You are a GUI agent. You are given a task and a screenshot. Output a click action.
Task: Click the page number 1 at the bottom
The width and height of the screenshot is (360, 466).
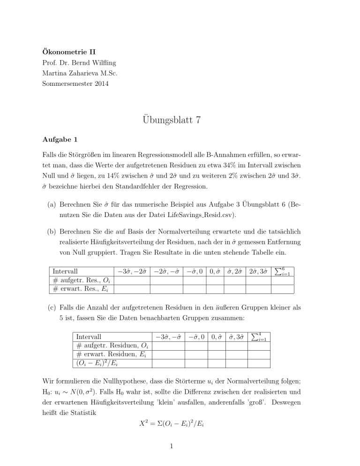[180, 453]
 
